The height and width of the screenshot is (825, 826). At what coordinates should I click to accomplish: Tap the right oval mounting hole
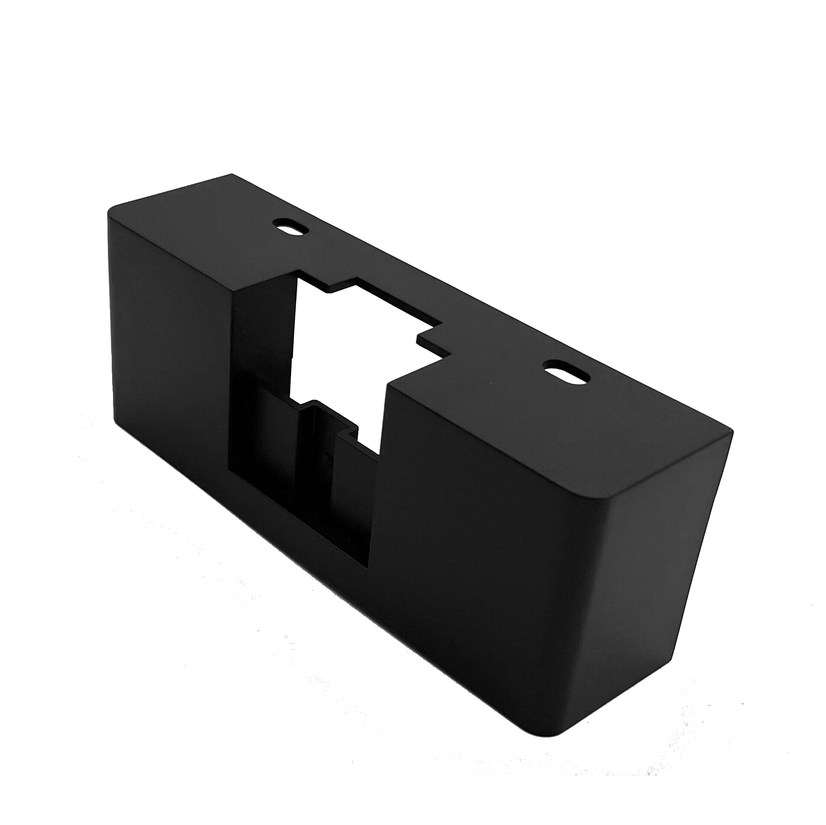tap(566, 373)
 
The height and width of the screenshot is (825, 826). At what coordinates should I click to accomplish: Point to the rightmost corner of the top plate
tap(732, 430)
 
